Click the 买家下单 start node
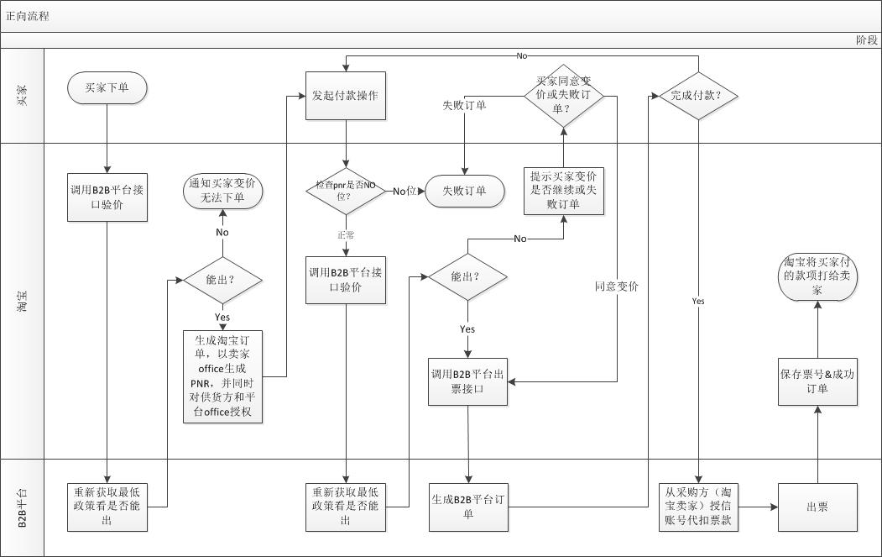click(x=107, y=87)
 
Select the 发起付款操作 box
click(x=345, y=96)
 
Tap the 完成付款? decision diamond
click(x=698, y=96)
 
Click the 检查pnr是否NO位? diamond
click(x=345, y=191)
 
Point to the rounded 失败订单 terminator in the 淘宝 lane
click(x=464, y=191)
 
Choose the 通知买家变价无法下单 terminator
click(x=222, y=190)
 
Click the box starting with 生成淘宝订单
click(x=222, y=376)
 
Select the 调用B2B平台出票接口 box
click(x=467, y=381)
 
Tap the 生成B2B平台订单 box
click(x=467, y=507)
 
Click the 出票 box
click(x=817, y=507)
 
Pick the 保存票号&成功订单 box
click(x=817, y=381)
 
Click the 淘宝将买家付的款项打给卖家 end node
click(x=817, y=276)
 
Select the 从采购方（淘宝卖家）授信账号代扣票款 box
click(x=698, y=507)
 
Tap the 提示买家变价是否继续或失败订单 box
click(x=565, y=190)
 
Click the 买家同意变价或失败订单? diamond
click(x=564, y=96)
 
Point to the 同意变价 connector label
click(x=617, y=286)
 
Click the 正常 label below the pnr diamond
click(x=346, y=235)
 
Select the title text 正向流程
click(x=28, y=16)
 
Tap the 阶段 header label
click(x=866, y=39)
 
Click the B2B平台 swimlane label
click(x=23, y=507)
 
